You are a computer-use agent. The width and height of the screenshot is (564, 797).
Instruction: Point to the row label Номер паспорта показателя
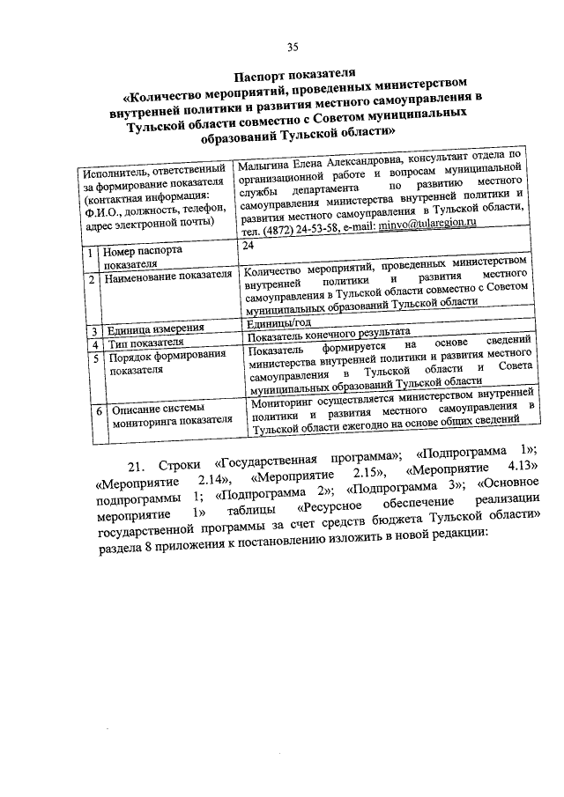coord(141,257)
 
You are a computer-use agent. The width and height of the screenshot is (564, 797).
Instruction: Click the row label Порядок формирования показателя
coord(159,364)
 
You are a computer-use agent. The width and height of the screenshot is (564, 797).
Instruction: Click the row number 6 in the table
coord(99,410)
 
